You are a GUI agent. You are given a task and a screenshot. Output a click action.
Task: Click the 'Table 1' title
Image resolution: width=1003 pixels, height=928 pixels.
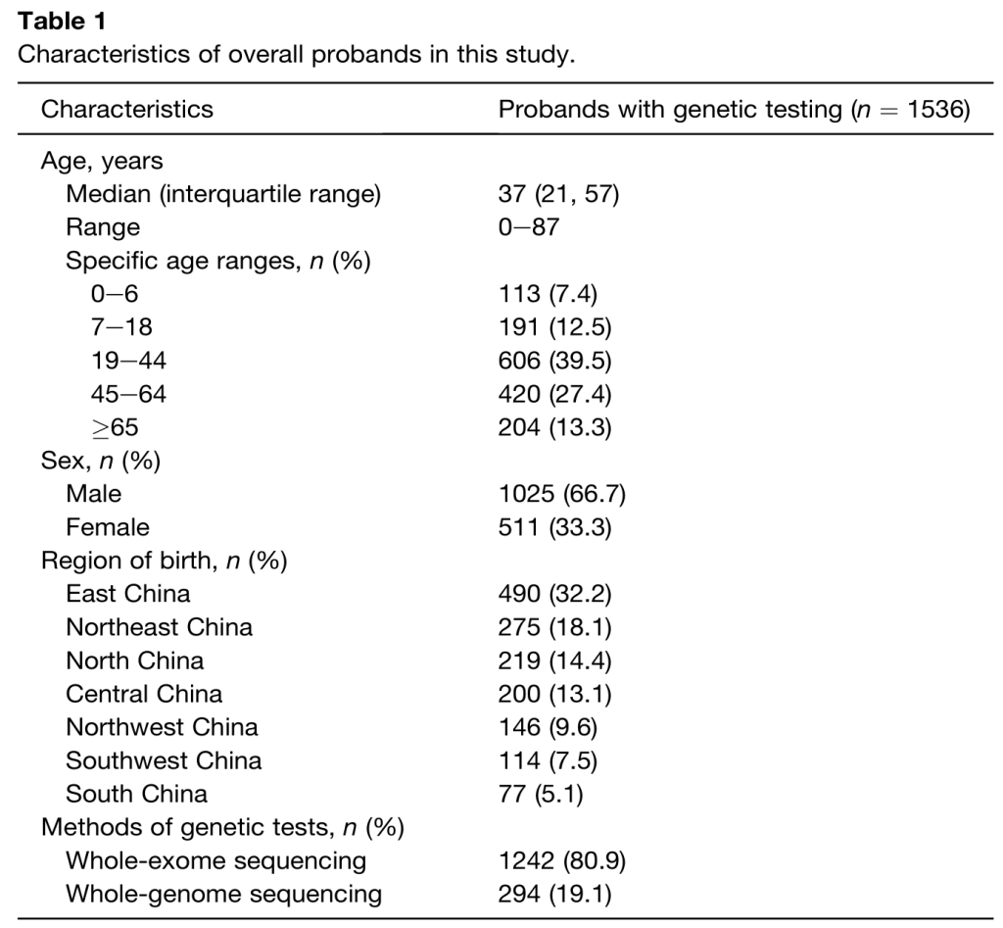[62, 22]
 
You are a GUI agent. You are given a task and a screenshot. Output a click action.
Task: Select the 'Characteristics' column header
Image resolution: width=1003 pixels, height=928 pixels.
[126, 110]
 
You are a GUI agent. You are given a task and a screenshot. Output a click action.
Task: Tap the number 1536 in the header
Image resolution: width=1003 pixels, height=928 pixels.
[933, 110]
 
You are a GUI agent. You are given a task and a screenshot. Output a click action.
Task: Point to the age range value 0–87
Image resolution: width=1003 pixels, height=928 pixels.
[528, 227]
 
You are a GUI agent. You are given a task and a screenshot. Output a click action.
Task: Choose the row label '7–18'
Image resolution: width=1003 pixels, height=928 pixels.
[121, 327]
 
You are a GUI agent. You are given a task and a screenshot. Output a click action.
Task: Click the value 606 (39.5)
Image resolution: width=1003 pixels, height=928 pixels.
[554, 361]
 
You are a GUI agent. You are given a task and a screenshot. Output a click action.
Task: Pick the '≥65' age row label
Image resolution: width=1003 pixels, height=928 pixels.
[116, 427]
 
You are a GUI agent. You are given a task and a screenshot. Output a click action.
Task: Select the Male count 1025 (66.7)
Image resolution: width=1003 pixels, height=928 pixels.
[561, 494]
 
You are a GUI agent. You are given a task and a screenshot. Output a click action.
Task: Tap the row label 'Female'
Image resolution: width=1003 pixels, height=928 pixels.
[108, 527]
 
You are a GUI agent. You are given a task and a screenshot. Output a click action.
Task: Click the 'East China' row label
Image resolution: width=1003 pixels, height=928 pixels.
[128, 593]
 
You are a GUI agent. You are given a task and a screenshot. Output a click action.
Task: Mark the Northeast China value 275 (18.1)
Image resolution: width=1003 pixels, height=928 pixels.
[554, 627]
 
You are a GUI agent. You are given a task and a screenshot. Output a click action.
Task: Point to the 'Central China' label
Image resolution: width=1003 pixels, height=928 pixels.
[144, 694]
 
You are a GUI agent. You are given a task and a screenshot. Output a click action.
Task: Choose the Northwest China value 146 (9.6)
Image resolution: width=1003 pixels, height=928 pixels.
[548, 727]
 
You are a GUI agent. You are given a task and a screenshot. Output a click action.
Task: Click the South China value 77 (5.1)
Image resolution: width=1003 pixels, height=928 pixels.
[541, 794]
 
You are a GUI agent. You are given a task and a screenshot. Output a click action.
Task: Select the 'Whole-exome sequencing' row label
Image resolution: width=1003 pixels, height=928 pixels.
[216, 860]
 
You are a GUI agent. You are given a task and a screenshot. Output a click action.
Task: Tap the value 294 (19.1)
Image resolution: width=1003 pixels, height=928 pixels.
[554, 894]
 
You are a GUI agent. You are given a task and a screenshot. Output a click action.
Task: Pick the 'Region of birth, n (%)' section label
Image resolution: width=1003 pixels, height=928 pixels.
[165, 561]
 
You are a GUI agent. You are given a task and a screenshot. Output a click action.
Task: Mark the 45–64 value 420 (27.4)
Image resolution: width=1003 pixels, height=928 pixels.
[554, 394]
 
